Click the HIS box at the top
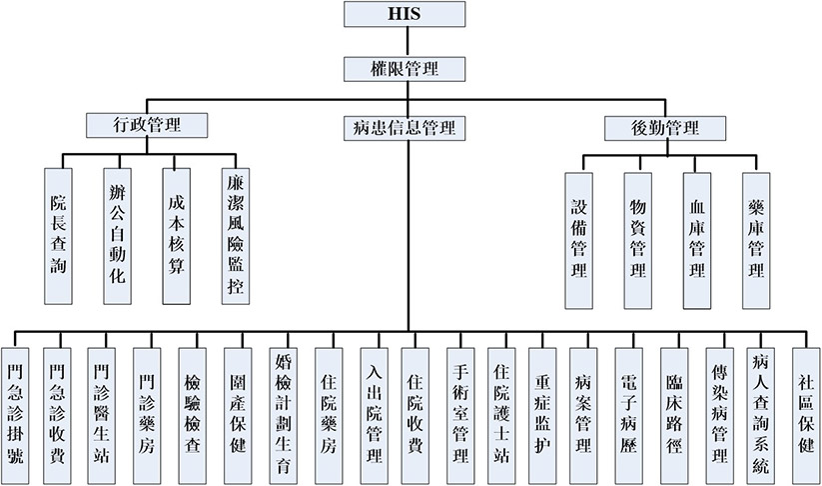pos(405,14)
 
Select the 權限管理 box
pos(405,68)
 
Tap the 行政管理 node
pos(147,125)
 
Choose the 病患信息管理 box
pos(405,127)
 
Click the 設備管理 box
pos(579,240)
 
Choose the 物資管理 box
pos(638,240)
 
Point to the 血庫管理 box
pos(697,240)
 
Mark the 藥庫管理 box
pos(756,240)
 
